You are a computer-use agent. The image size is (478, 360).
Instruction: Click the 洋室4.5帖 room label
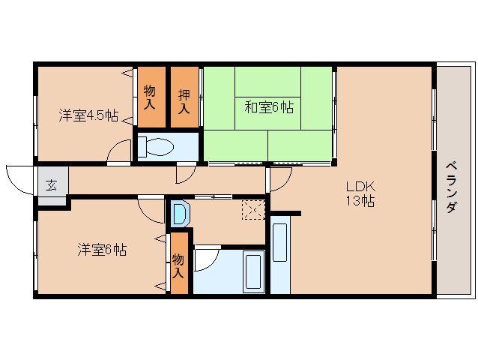coord(88,115)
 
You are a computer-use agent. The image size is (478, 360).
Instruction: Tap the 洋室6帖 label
coord(101,250)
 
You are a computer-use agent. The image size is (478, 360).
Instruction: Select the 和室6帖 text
coord(268,106)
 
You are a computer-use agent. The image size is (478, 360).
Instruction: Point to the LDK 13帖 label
coord(360,193)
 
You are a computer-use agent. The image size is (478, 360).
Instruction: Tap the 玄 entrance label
coord(51,185)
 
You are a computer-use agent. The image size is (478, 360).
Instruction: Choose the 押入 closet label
coord(184,97)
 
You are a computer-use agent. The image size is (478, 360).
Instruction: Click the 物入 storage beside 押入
coord(150,97)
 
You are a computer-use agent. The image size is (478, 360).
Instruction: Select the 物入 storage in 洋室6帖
coord(178,265)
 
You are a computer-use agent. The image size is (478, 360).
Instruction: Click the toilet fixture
coord(156,146)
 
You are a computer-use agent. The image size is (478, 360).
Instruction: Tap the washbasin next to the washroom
coord(180,214)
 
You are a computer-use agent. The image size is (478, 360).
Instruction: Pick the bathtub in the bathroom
coord(254,272)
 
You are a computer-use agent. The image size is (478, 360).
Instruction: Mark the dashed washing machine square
coord(253,208)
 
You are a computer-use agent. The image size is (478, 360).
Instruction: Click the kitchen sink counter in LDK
coord(279,255)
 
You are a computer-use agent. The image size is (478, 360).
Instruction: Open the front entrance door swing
coord(19,178)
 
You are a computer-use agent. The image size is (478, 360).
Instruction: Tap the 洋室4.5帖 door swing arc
coord(118,153)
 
